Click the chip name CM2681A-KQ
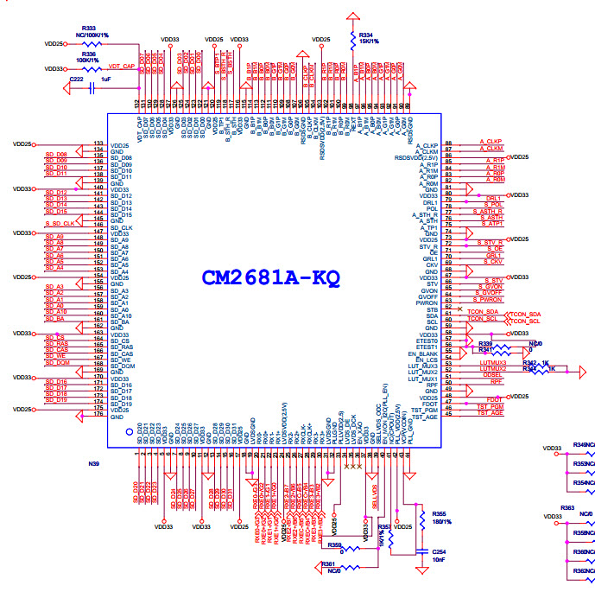[270, 278]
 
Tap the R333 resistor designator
[89, 29]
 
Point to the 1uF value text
[105, 79]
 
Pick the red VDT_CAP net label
[121, 66]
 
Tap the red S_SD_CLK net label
[60, 223]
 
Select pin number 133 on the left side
[98, 143]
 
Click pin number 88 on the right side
[448, 143]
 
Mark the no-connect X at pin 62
[460, 308]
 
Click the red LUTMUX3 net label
[492, 362]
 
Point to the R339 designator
[485, 344]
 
